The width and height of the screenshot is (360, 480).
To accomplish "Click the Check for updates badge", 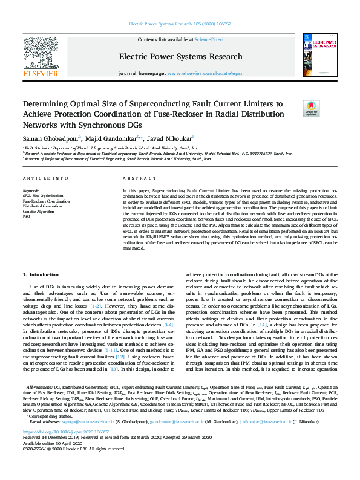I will coord(311,108).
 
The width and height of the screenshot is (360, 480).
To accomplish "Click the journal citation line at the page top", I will coord(180,24).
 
